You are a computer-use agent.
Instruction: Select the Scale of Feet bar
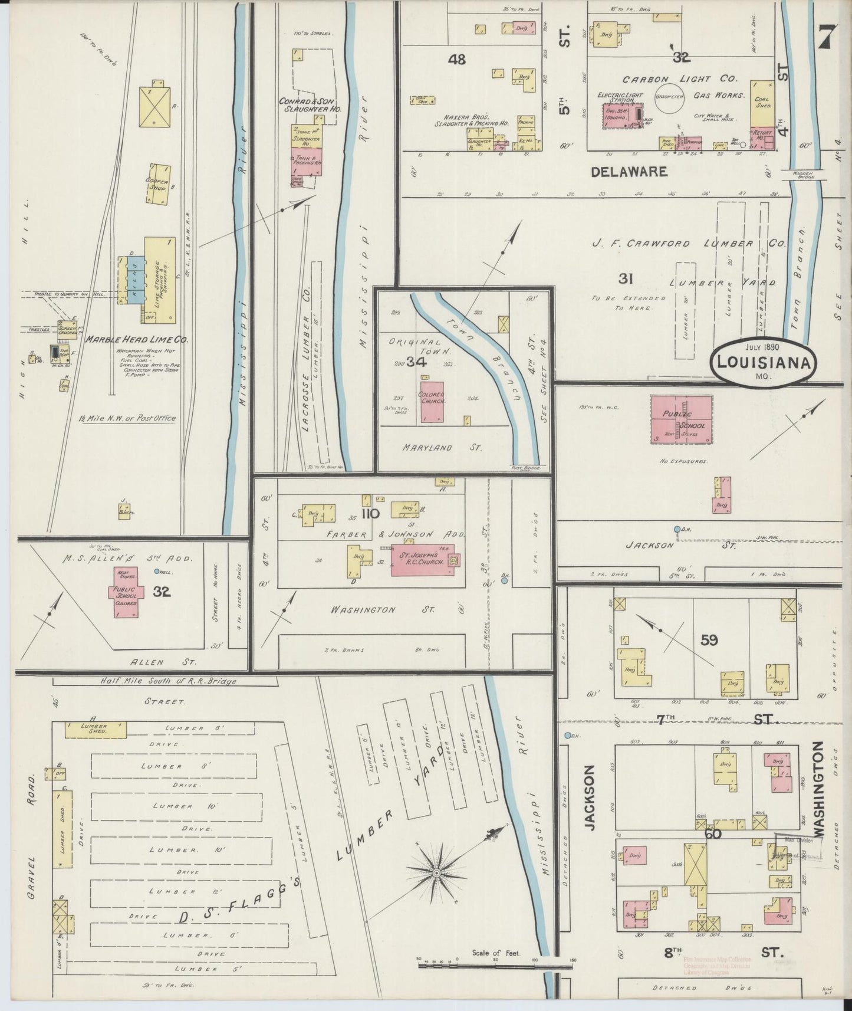tap(495, 966)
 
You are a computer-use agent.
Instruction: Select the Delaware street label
tap(629, 172)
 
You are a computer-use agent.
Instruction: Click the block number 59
tap(709, 639)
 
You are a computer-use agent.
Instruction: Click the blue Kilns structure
tap(134, 281)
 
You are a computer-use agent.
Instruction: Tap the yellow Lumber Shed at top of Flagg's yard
tap(95, 730)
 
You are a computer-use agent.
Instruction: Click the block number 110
tap(370, 513)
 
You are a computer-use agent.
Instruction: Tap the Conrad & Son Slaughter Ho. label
tap(310, 105)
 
